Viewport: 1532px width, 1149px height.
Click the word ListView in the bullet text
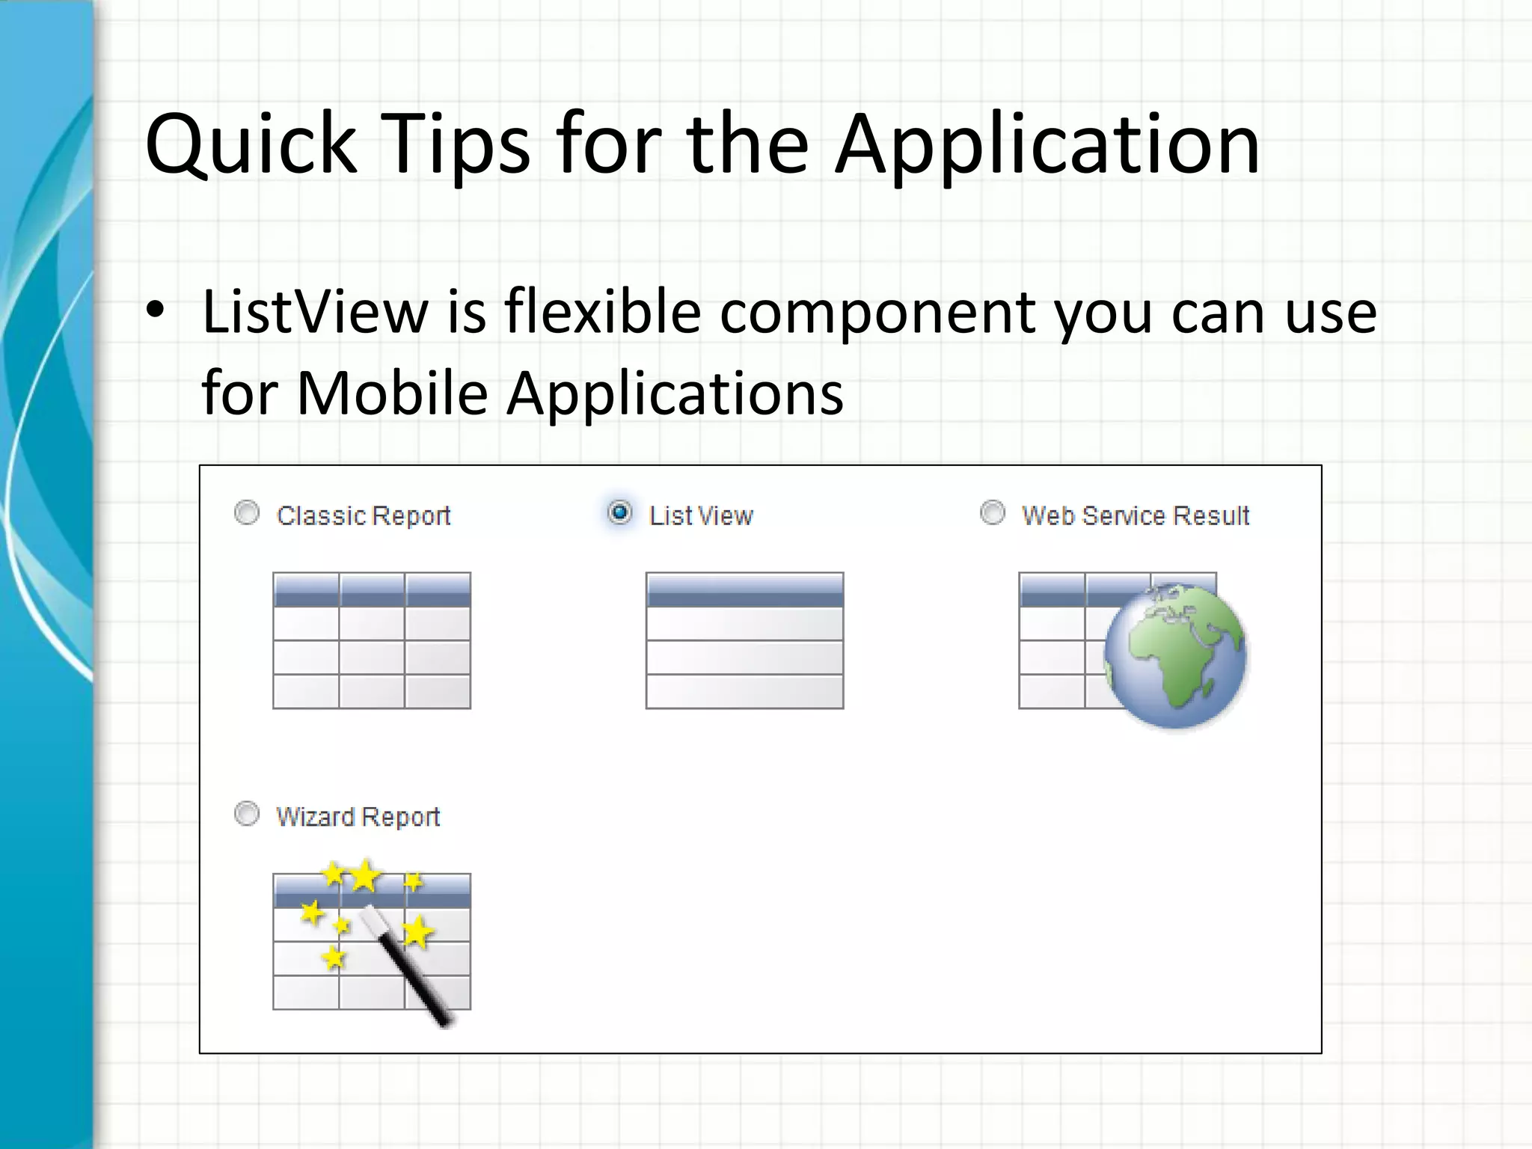[314, 312]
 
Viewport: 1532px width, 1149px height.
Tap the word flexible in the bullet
[602, 312]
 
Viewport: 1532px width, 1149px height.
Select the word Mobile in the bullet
[392, 393]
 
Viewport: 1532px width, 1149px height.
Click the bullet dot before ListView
[155, 312]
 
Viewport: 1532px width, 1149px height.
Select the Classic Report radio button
[247, 513]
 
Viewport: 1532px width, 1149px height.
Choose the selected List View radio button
[619, 513]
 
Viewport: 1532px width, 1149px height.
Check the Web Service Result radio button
[993, 513]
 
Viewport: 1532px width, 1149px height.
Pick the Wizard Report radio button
[247, 814]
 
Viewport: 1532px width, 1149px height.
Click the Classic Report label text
[364, 516]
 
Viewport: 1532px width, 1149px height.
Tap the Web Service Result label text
[1136, 516]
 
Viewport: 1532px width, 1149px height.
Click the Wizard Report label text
[358, 817]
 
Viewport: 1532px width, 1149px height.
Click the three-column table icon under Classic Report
[372, 640]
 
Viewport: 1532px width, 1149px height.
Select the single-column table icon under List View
[744, 640]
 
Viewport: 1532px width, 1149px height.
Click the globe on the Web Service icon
[1175, 655]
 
